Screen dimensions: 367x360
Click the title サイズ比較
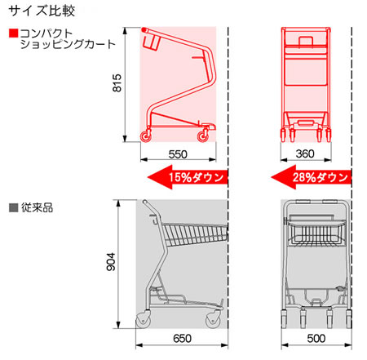[x=42, y=11]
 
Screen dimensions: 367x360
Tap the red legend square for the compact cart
[x=13, y=33]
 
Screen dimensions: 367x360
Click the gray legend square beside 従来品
[x=13, y=207]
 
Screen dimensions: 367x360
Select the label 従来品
[x=37, y=207]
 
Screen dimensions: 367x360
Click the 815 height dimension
[x=117, y=82]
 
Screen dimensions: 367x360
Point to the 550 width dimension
[x=178, y=154]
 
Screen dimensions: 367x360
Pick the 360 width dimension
[x=305, y=153]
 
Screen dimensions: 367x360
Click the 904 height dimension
[x=111, y=262]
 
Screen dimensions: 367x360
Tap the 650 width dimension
[x=182, y=339]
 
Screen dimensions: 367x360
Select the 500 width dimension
[x=316, y=339]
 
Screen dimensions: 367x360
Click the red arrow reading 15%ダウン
[x=188, y=177]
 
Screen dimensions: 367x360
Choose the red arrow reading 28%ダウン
[x=312, y=177]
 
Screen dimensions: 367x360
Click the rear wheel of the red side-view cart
[x=146, y=136]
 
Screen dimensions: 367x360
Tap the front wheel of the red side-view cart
[x=202, y=136]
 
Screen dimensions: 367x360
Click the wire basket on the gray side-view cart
[x=195, y=234]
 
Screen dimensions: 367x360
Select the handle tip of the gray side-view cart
[x=145, y=202]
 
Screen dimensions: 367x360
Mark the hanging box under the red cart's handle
[x=151, y=41]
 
